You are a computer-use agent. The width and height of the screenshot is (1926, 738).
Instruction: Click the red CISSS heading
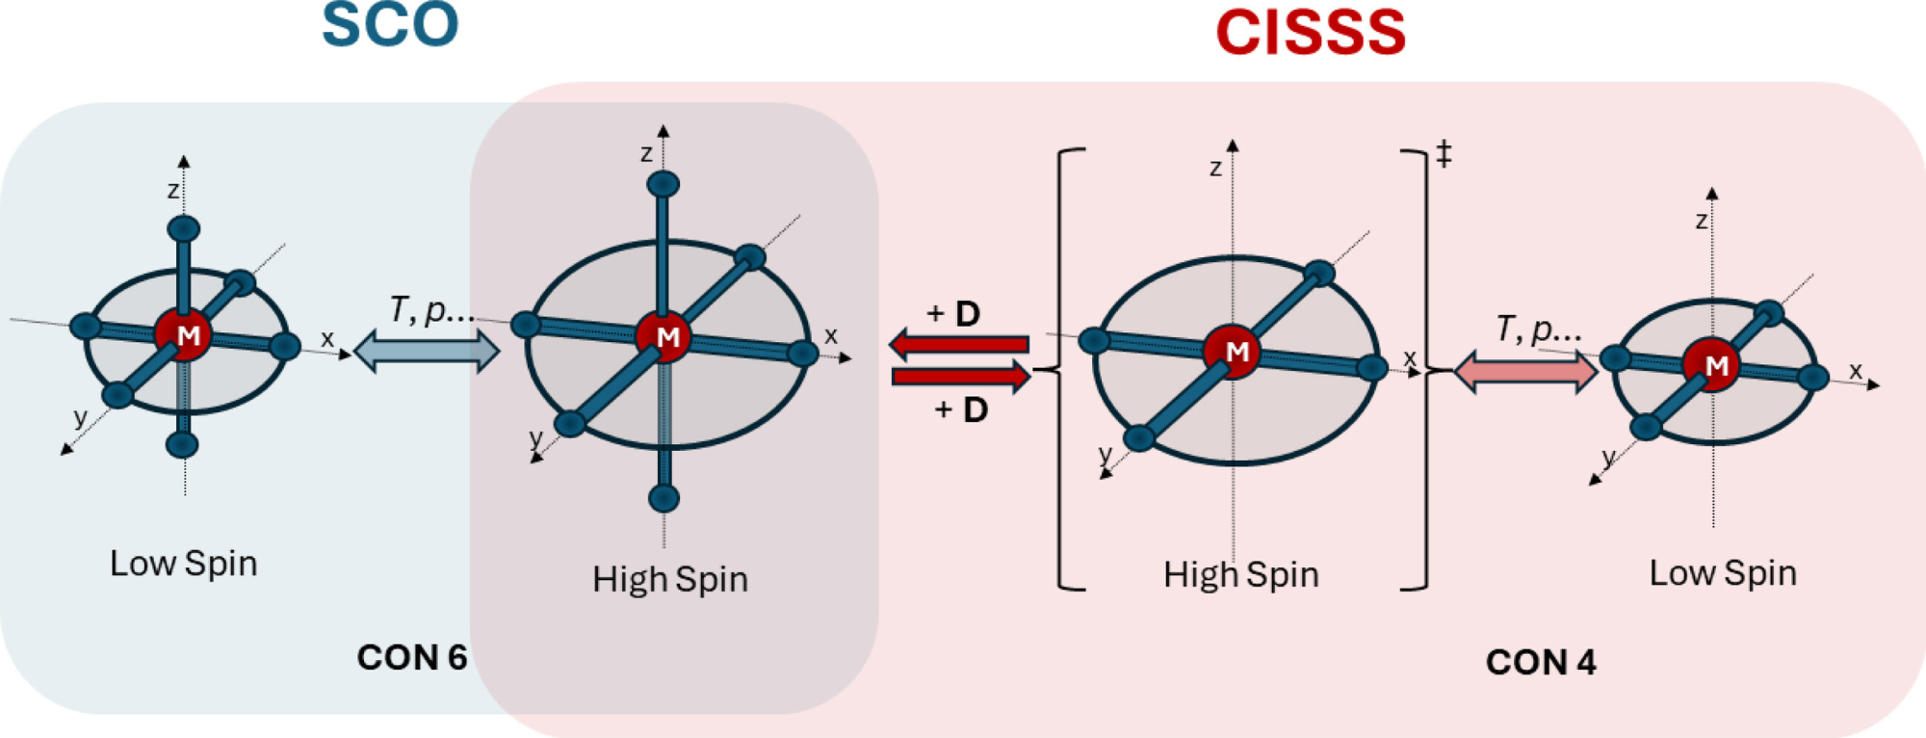click(1311, 32)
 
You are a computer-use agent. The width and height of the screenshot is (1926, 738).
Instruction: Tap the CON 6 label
click(412, 657)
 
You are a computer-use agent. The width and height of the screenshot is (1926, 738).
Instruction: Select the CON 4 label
click(1541, 662)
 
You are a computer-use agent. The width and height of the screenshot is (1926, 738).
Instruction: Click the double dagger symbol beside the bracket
click(1444, 153)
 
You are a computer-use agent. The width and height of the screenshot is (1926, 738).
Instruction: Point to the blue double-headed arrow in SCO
click(427, 351)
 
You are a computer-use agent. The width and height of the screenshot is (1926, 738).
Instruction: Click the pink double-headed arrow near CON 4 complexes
click(1524, 372)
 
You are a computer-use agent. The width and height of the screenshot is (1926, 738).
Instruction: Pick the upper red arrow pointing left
click(959, 344)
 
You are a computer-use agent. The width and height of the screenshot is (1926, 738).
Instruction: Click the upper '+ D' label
click(953, 313)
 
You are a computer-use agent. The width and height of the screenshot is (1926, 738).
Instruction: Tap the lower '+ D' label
click(961, 409)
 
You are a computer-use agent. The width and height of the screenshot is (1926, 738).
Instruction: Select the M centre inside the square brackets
click(1235, 352)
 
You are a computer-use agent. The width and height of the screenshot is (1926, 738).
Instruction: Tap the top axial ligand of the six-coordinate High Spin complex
click(664, 183)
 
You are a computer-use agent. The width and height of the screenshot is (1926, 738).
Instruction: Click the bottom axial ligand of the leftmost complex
click(182, 444)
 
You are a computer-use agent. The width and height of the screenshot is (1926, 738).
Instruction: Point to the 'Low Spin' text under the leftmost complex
click(184, 563)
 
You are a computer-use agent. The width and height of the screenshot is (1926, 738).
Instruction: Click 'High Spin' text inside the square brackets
click(1240, 574)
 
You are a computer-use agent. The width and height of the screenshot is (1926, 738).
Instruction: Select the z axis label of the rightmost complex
click(1702, 221)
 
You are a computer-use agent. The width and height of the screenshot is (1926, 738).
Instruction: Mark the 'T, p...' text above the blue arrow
click(430, 309)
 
